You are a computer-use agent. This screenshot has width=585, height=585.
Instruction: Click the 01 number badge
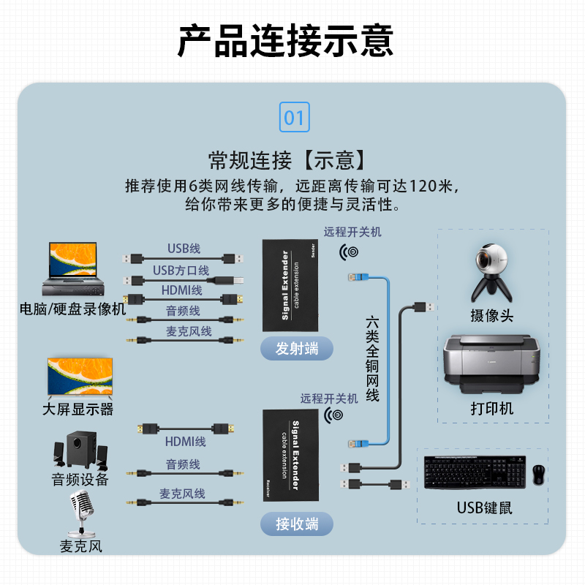click(293, 118)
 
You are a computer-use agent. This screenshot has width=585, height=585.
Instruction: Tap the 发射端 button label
click(296, 348)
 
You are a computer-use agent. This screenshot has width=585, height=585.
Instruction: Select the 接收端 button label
click(296, 524)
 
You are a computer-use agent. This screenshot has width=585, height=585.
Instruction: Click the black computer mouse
click(539, 474)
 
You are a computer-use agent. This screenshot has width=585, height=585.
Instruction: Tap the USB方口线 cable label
click(181, 271)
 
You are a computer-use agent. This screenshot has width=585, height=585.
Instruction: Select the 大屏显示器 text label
click(78, 409)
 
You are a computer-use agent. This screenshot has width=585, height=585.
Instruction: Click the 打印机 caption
click(492, 408)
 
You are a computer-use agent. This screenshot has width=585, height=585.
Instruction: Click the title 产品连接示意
click(286, 41)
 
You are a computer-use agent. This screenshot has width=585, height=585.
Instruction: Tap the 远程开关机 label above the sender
click(352, 232)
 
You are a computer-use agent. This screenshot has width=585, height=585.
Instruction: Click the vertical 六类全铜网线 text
click(372, 359)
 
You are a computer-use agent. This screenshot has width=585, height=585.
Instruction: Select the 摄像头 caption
click(492, 315)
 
